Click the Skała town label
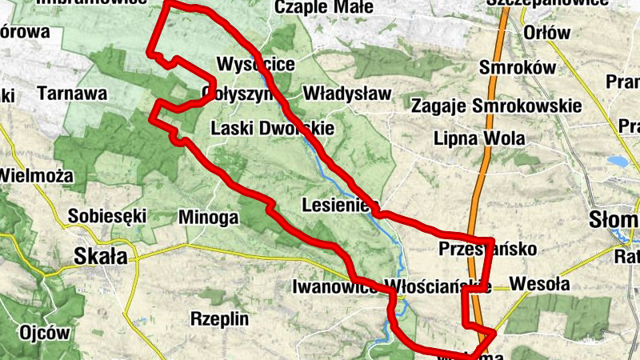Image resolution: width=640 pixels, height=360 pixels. pos(100,257)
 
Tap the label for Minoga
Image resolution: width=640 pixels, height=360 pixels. pos(209,216)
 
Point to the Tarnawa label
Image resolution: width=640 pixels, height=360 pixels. pos(71,94)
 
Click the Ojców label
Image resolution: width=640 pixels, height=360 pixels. pos(45,333)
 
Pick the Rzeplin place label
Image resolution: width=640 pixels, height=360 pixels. pos(219,318)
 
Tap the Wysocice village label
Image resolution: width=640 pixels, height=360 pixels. pos(255,64)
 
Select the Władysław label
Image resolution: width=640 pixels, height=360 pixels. pos(347,94)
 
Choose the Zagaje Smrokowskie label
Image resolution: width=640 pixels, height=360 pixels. pos(496,106)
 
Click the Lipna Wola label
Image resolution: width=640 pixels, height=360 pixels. pos(479,138)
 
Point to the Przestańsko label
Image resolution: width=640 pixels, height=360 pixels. pos(477,249)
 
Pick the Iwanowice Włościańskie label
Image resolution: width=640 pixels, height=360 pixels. pos(391,286)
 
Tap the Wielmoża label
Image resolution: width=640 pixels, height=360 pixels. pos(36,175)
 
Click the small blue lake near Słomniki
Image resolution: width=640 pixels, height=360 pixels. pos(617,161)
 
